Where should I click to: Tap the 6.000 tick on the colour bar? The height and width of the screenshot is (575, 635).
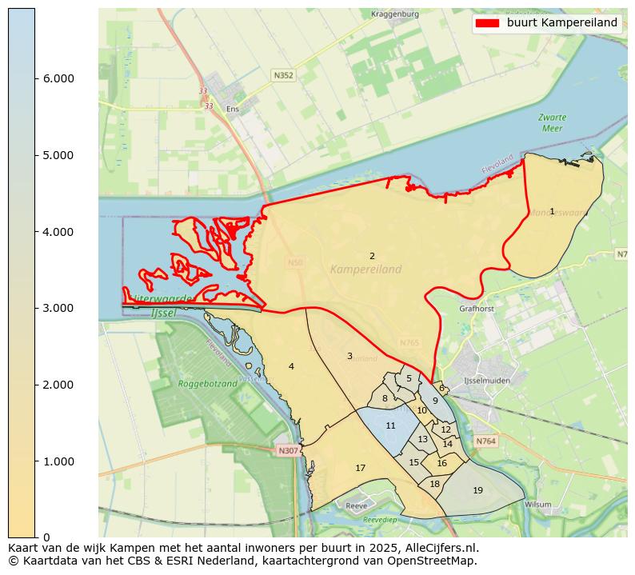click(x=36, y=78)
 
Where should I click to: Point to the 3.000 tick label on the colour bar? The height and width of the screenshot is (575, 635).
click(x=58, y=308)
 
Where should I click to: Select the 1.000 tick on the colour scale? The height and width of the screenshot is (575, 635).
click(x=36, y=461)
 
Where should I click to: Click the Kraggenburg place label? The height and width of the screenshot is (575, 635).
click(x=395, y=14)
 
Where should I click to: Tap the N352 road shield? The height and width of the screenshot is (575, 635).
click(x=283, y=75)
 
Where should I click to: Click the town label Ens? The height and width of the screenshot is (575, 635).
click(x=233, y=109)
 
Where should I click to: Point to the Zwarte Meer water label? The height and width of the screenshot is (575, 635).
click(x=551, y=122)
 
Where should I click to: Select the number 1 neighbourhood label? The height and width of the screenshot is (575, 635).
click(x=552, y=211)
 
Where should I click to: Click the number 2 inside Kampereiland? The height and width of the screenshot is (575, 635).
click(x=372, y=256)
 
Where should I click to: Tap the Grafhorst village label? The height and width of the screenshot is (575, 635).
click(x=477, y=308)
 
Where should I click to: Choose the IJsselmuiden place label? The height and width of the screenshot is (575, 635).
click(x=487, y=381)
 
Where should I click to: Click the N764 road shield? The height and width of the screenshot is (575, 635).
click(x=485, y=441)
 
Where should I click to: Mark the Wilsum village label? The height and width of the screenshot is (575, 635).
click(x=538, y=505)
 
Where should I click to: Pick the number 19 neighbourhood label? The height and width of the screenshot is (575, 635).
click(x=477, y=490)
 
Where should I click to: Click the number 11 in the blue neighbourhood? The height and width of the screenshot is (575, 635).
click(x=390, y=425)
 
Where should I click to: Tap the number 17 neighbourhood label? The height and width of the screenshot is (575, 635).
click(x=360, y=468)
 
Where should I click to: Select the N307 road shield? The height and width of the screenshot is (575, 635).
click(x=288, y=451)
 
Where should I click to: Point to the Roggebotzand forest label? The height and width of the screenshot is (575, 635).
click(x=208, y=384)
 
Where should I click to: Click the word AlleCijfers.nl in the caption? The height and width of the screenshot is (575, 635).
click(x=437, y=548)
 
